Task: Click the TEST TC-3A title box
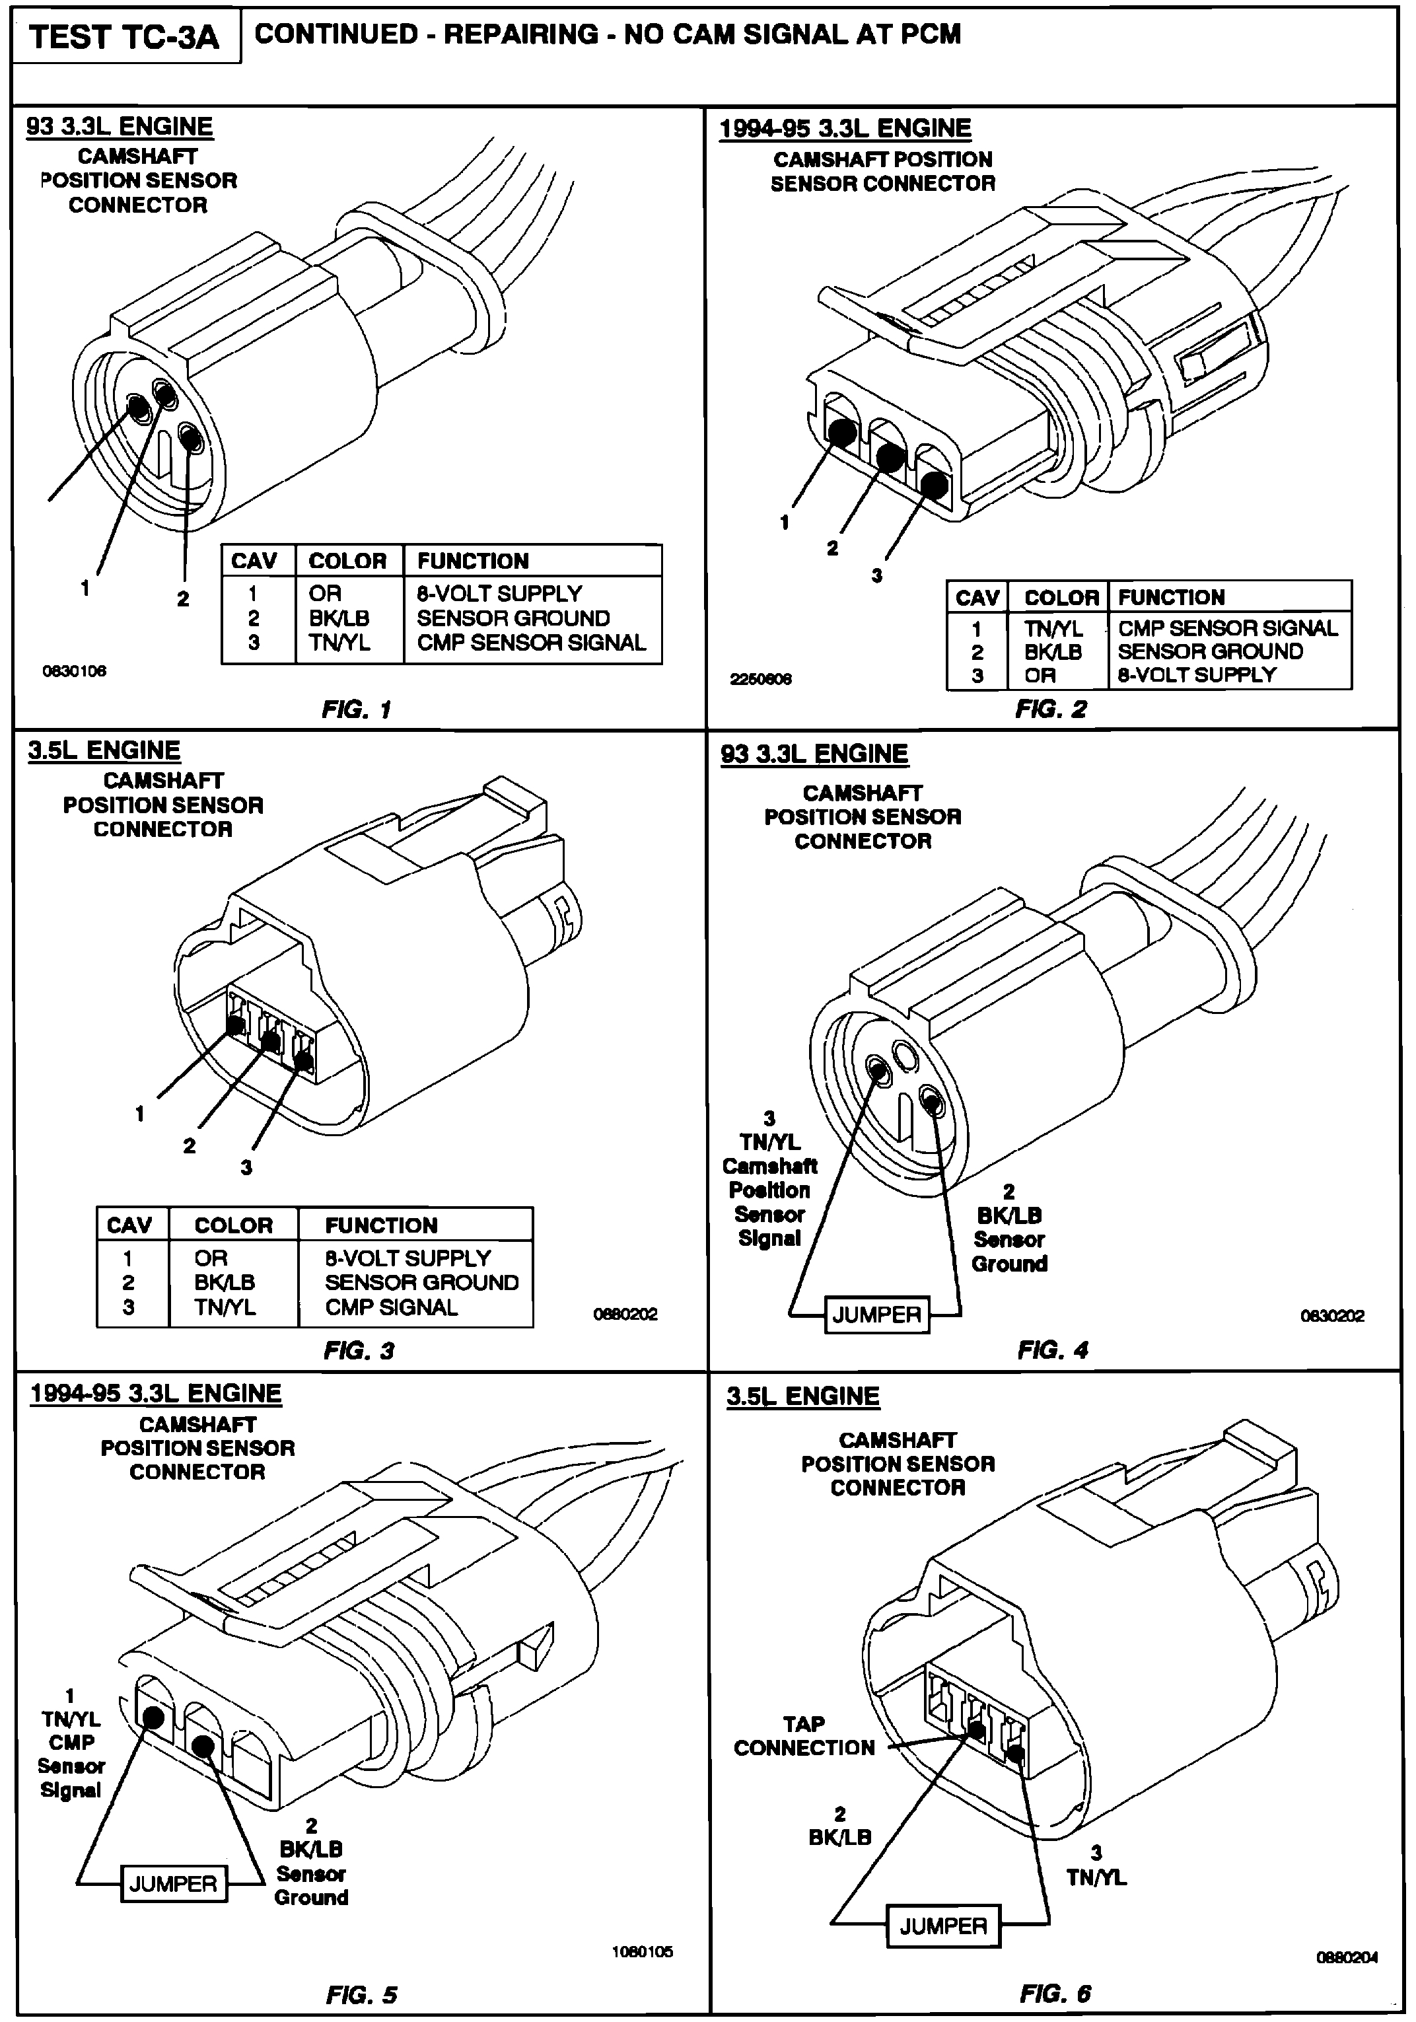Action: coord(124,38)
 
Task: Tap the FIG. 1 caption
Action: coord(356,709)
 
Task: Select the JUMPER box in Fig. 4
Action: coord(876,1315)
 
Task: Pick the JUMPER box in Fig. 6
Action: coord(942,1926)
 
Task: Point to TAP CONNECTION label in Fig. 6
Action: coord(804,1736)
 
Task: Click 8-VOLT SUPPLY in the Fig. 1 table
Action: coord(499,594)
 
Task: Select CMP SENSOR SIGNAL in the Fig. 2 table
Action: coord(1228,628)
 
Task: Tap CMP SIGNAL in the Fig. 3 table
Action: coord(391,1307)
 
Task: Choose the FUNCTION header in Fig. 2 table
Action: coord(1171,597)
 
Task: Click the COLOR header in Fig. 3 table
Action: coord(233,1225)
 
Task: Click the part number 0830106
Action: coord(75,671)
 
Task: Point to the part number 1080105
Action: coord(643,1951)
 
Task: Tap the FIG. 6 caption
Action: coord(1055,1994)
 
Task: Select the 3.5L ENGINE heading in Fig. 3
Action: coord(104,750)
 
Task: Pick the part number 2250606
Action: coord(761,679)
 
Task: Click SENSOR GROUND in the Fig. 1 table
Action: coord(513,618)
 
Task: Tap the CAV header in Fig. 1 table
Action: coord(254,561)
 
